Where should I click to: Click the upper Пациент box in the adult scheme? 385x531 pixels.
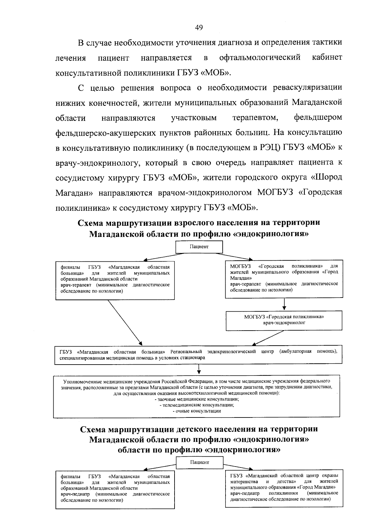[199, 247]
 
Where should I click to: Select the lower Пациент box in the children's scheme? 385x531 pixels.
[199, 462]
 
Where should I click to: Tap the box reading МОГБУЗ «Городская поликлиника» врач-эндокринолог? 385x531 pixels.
[284, 320]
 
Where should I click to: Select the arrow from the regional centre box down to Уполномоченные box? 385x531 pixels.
[199, 370]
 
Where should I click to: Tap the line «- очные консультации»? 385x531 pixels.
[197, 411]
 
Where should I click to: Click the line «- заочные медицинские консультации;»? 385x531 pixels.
[196, 399]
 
